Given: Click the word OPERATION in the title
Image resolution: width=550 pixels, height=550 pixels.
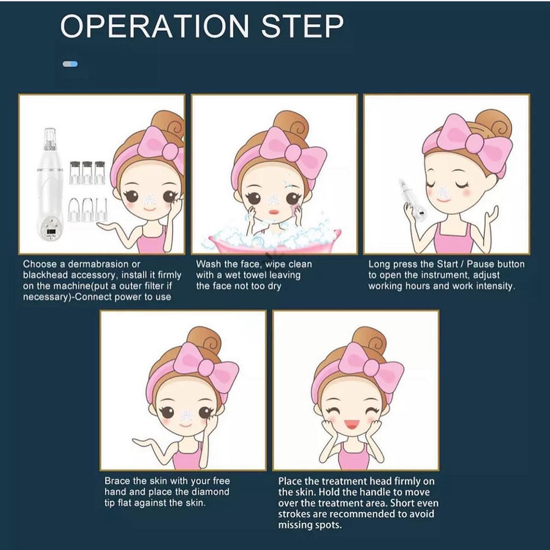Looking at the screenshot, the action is pos(155,26).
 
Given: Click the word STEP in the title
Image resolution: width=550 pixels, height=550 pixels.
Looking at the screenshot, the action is pos(302,26).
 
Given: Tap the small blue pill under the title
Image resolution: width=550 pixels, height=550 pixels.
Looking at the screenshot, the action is pos(70,64).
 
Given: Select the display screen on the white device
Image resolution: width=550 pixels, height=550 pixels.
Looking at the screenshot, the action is pos(51,232).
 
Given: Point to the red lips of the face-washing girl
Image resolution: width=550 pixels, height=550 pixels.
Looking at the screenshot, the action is pos(274,213).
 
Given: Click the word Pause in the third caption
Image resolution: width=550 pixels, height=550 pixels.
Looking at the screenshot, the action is pos(480,264).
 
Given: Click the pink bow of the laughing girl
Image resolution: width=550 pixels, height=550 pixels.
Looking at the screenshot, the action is pos(372,367).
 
